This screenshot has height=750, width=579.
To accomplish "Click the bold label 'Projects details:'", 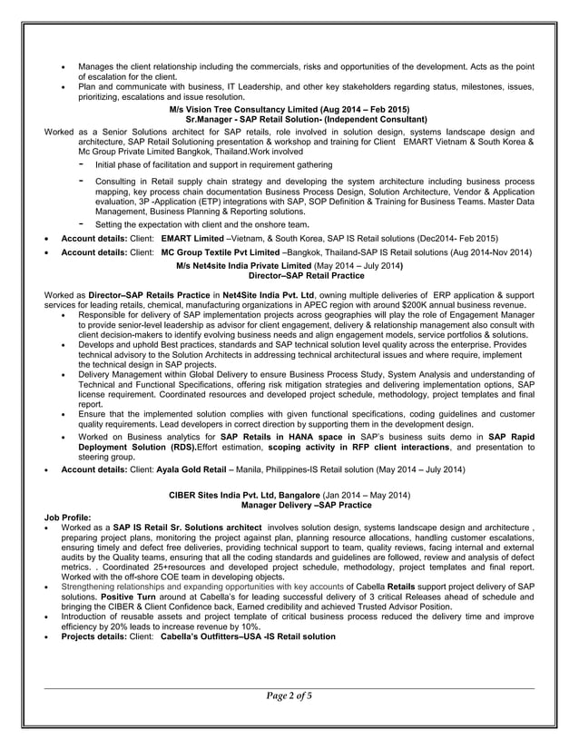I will (94, 637).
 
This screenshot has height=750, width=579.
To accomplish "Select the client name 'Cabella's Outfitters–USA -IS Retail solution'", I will (248, 637).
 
